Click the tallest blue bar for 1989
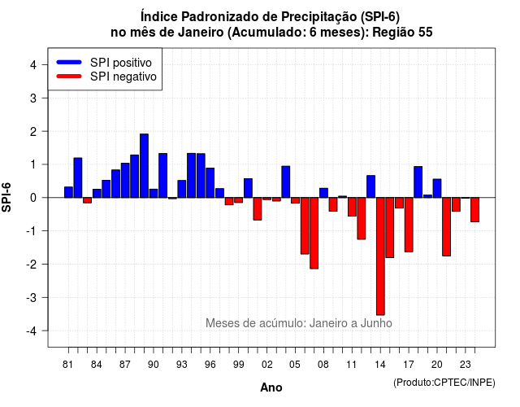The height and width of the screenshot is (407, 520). click(x=144, y=166)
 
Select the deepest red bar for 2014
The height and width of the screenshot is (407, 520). click(x=380, y=256)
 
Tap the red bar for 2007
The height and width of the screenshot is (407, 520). click(x=314, y=233)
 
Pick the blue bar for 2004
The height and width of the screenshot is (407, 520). click(x=286, y=182)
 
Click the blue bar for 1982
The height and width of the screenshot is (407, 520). click(x=78, y=177)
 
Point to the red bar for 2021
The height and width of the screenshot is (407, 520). click(x=446, y=226)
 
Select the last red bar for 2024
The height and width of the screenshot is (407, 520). click(x=474, y=210)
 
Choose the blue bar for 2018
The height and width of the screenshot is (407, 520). click(x=418, y=182)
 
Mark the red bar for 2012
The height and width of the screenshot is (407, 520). click(x=362, y=218)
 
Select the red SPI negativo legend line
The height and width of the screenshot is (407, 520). click(x=69, y=77)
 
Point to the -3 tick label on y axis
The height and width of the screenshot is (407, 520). click(x=32, y=297)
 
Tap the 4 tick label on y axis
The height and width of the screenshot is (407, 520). click(x=33, y=64)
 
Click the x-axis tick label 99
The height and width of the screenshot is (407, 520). click(x=238, y=365)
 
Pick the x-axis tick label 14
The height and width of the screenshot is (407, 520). click(x=380, y=365)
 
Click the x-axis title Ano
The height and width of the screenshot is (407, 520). click(x=271, y=387)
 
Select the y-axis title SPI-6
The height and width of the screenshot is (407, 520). click(x=6, y=197)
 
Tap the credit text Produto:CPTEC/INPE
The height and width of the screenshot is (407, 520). click(x=444, y=383)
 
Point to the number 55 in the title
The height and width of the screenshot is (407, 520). click(x=425, y=33)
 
